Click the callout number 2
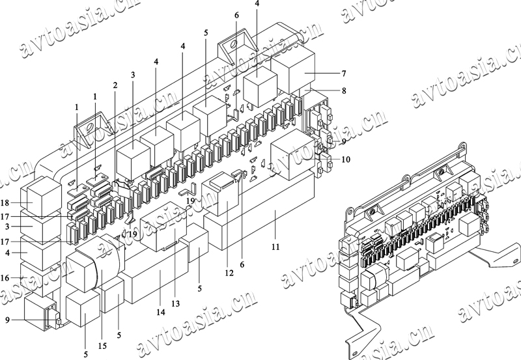point(115,85)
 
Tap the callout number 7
point(343,73)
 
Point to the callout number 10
point(345,159)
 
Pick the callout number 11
point(275,247)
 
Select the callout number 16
point(5,278)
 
